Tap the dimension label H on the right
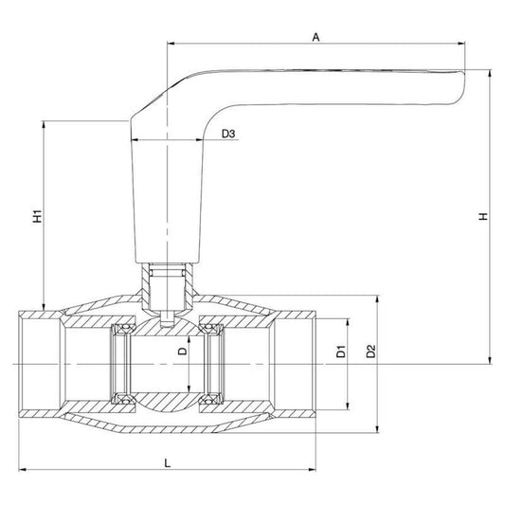click(x=482, y=217)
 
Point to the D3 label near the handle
click(x=228, y=135)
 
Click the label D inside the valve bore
click(x=183, y=352)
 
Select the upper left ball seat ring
click(x=121, y=331)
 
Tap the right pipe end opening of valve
click(x=296, y=364)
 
